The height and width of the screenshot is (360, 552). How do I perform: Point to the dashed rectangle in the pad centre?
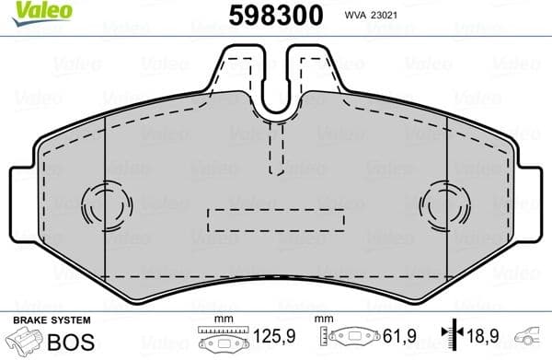point(275,220)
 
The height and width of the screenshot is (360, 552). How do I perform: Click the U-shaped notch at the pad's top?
point(276,87)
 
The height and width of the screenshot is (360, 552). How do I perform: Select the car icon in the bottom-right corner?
point(531,337)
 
